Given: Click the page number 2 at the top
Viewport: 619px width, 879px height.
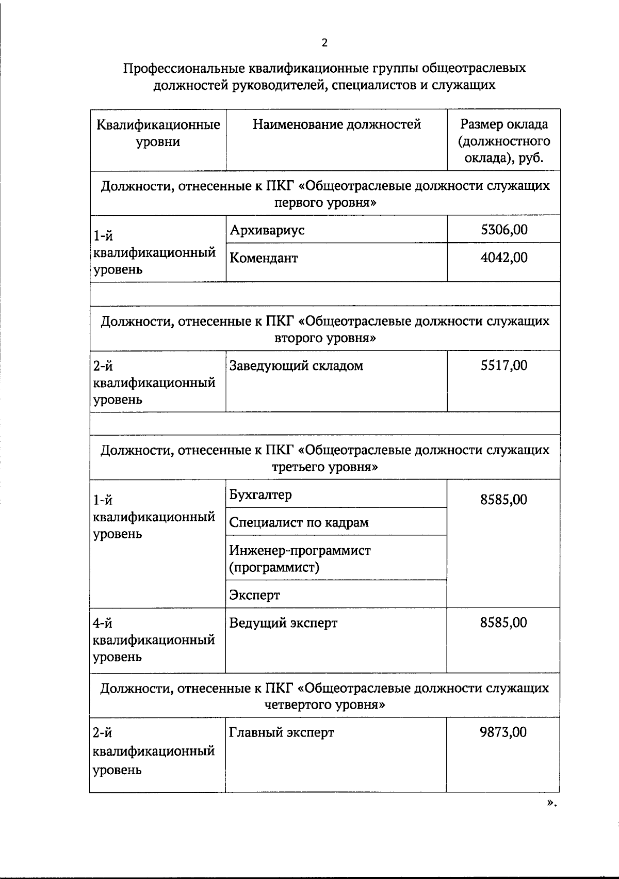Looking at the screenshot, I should pos(324,43).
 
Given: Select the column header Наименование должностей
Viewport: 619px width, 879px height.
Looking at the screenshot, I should pos(336,124).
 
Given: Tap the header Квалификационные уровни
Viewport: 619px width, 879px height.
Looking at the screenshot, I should pos(158,133).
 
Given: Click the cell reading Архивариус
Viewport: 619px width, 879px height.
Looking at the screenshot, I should pos(267,230).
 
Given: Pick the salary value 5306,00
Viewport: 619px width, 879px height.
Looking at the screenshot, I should pos(503,230).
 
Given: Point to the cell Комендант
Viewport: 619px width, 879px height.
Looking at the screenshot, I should pos(264,258).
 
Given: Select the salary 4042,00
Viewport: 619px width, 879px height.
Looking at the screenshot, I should pos(503,258).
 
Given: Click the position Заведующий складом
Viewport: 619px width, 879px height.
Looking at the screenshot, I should pos(296,366).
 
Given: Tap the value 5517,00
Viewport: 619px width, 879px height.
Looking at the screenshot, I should pos(503,365).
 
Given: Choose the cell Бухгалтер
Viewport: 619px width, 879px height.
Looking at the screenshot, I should pos(260,494).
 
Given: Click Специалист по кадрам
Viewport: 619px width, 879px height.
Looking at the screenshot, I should pos(299,522).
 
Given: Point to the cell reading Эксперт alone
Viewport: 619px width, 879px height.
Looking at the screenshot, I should pos(254,595).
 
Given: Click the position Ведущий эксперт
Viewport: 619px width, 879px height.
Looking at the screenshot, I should pos(283,623).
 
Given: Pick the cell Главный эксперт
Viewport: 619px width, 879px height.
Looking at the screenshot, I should pos(282,732).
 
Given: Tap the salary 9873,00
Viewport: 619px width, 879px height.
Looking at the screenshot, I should pos(503,732).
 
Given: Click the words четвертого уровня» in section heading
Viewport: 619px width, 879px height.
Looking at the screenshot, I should pos(324,705).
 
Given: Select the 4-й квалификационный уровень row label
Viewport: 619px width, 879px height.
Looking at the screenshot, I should pos(154,640).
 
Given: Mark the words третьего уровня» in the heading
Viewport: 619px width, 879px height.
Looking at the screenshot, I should pos(324,467).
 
